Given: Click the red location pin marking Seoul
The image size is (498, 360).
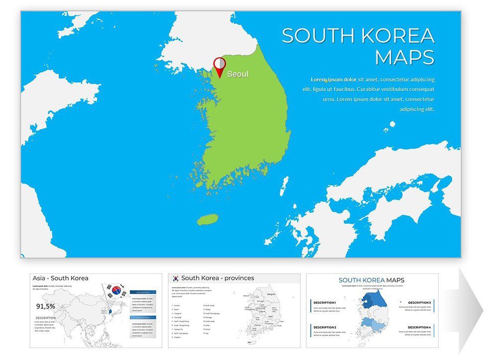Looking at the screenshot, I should click(x=219, y=66).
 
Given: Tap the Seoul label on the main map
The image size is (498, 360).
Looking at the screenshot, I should click(x=238, y=74).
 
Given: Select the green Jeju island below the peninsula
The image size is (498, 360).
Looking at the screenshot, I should click(x=208, y=220).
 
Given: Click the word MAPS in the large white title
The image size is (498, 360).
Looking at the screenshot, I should click(x=404, y=57).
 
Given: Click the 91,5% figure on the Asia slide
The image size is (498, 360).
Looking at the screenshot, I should click(x=45, y=306).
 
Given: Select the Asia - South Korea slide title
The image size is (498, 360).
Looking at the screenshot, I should click(x=60, y=278).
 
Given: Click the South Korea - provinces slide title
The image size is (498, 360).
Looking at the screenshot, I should click(x=218, y=278).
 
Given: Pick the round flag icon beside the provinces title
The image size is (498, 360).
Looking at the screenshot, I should click(x=175, y=278).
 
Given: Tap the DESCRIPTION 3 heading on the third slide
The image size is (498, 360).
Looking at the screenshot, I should click(x=419, y=302).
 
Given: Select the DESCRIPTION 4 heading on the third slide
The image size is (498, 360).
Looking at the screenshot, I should click(x=419, y=327).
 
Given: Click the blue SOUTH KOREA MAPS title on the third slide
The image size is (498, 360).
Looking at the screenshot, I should click(x=372, y=280).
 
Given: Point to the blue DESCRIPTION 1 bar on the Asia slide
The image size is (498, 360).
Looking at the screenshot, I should click(x=143, y=292).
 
